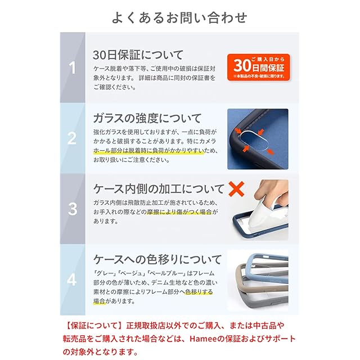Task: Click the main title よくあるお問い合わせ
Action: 179,17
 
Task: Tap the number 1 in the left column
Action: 73,68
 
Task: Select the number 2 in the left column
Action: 72,138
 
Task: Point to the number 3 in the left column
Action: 73,209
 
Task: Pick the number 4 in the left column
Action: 72,280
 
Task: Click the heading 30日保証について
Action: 138,55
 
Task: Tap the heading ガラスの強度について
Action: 147,118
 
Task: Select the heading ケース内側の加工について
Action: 159,189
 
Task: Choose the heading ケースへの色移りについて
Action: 157,259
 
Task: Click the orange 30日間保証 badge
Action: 259,67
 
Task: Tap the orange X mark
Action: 236,189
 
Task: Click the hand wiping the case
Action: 272,193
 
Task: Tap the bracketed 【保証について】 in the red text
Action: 94,326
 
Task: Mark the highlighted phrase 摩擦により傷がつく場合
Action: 179,212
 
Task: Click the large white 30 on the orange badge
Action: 242,66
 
